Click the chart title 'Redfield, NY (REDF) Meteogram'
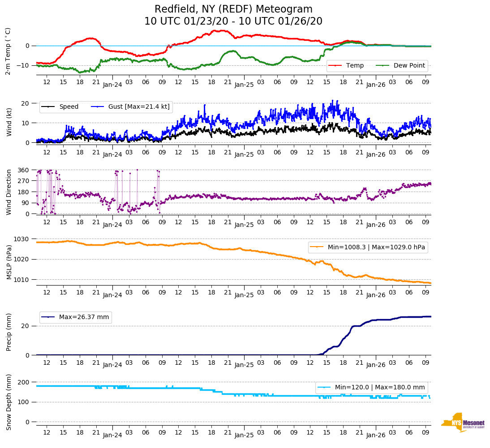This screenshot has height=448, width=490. [233, 9]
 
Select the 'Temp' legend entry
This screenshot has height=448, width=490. [354, 65]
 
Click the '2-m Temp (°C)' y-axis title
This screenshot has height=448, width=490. [8, 51]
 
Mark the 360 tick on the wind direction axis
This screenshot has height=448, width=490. [23, 170]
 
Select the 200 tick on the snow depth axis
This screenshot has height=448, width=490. [23, 382]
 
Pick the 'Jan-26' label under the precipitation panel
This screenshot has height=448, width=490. [376, 365]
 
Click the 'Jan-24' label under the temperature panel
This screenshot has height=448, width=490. [112, 84]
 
